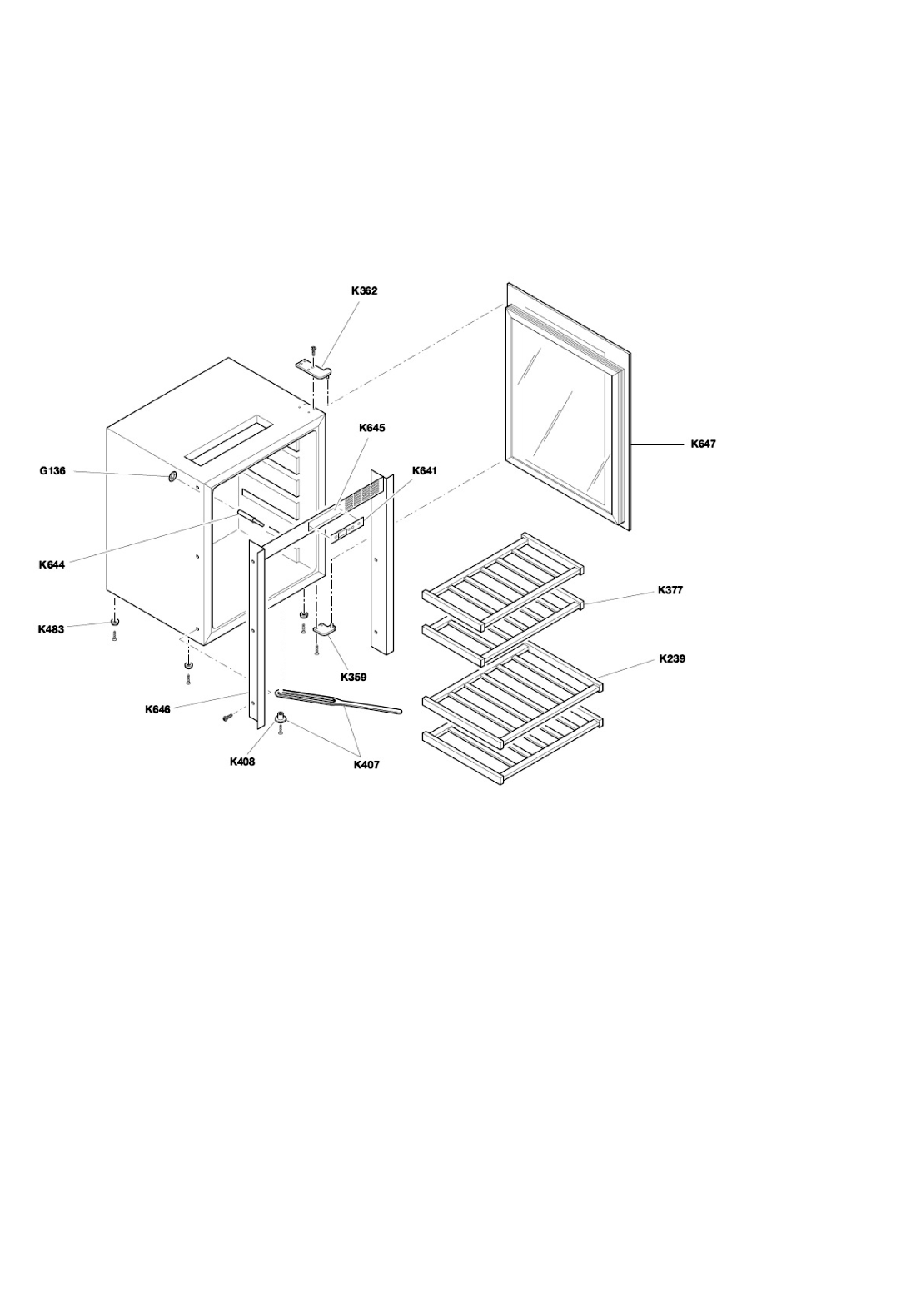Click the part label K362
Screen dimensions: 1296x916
point(364,290)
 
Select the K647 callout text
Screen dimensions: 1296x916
point(703,444)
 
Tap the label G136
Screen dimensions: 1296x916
point(52,471)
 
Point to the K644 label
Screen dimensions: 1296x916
point(52,565)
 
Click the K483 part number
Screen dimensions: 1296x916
point(52,629)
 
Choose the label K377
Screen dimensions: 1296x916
point(670,590)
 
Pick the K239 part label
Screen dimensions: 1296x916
point(672,658)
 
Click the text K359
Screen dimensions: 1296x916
point(353,677)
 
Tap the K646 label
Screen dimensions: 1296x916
point(158,709)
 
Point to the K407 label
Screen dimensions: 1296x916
point(366,764)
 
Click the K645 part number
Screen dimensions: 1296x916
point(372,428)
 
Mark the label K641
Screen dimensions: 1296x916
point(424,471)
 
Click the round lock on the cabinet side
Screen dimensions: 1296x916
point(172,477)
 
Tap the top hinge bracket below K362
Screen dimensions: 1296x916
point(314,367)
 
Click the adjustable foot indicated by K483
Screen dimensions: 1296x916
point(115,622)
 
